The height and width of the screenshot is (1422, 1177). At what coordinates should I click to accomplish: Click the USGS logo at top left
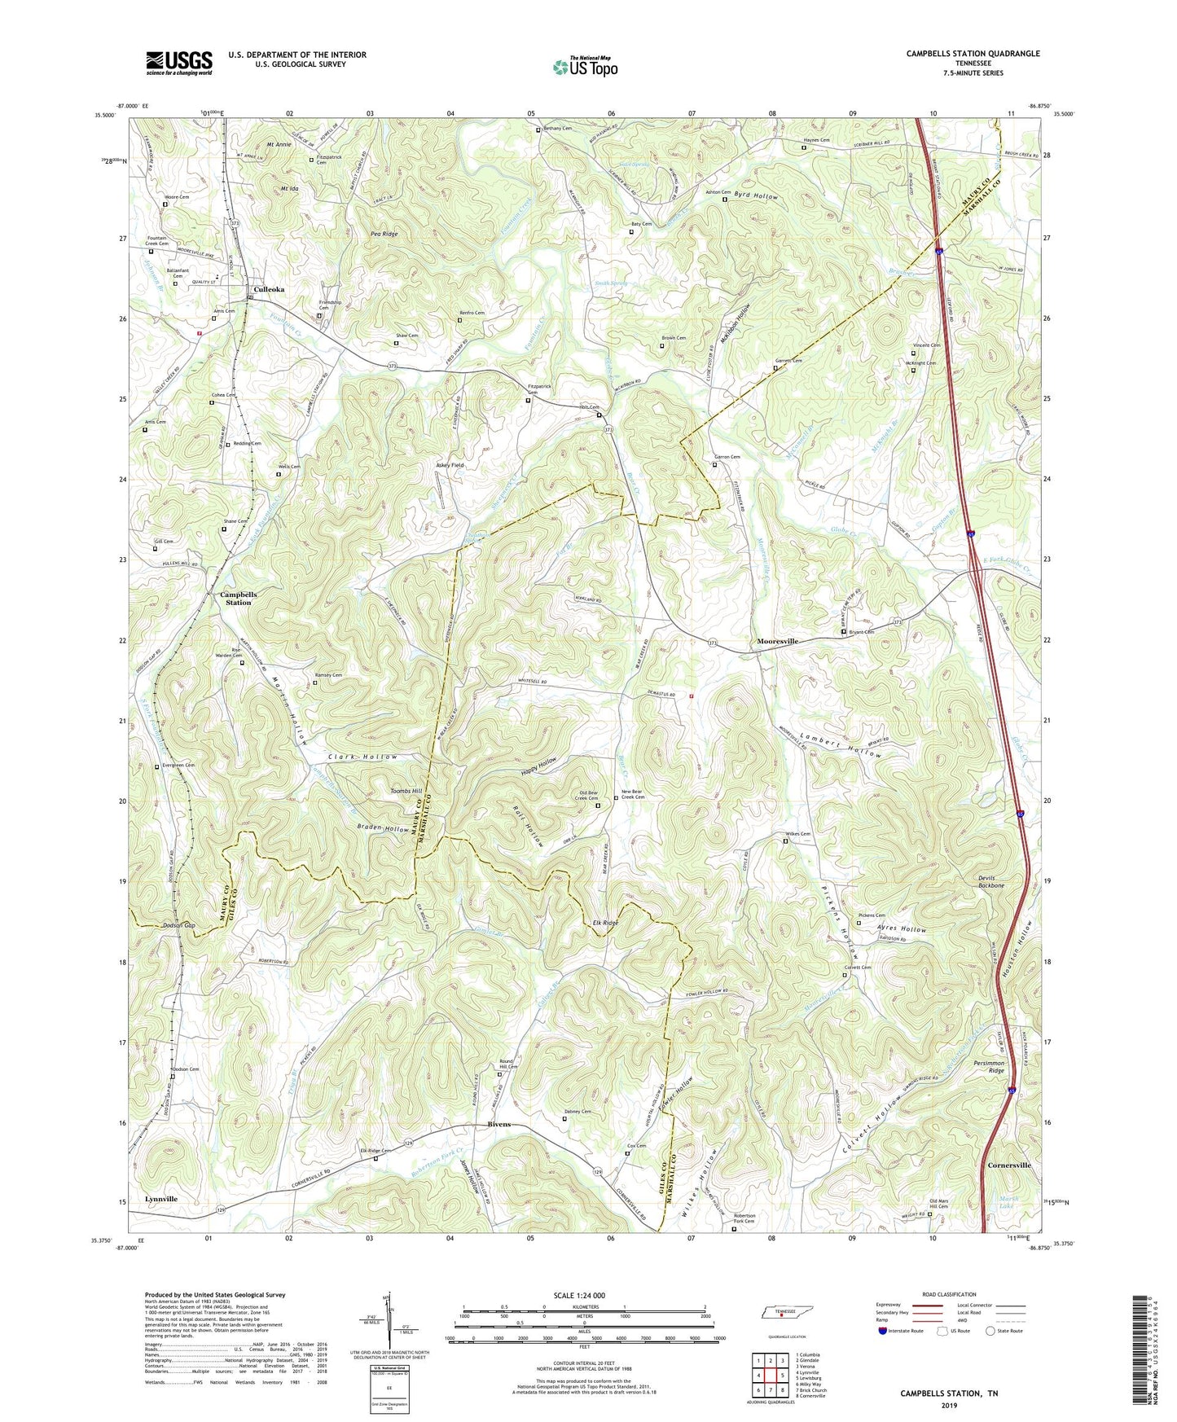point(179,63)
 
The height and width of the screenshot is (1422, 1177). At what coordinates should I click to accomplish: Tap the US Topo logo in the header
point(584,66)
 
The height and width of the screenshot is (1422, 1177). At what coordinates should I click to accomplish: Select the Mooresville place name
point(777,642)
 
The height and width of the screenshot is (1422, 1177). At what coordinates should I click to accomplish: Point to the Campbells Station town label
point(238,599)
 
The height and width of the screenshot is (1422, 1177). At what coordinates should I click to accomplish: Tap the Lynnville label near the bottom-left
point(161,1199)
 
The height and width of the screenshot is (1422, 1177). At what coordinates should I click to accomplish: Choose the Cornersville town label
point(1009,1165)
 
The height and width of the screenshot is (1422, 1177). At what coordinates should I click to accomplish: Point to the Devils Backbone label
point(991,882)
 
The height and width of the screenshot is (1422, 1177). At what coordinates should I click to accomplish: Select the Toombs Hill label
point(406,791)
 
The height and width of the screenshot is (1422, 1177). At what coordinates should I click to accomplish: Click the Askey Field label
point(450,465)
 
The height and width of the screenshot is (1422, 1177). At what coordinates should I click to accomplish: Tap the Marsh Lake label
point(1008,1201)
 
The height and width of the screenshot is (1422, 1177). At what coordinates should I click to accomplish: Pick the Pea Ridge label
point(384,234)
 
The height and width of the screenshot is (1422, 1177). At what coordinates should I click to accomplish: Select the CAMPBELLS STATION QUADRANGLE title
point(973,54)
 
